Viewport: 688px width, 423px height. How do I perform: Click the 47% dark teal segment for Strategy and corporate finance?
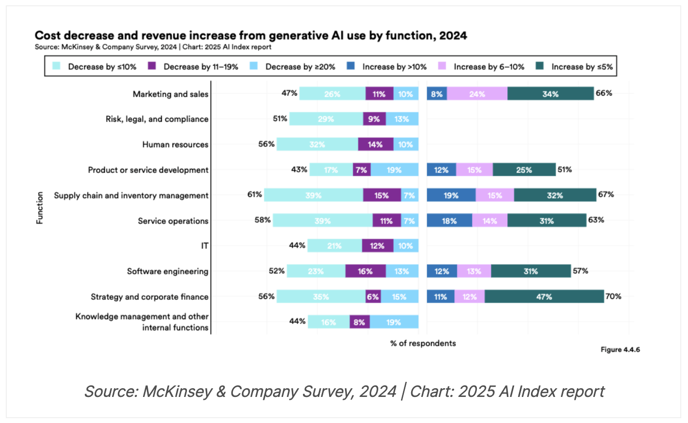coord(544,296)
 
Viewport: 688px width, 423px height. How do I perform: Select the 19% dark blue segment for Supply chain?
coord(451,195)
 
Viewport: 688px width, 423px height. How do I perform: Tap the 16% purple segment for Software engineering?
coord(365,271)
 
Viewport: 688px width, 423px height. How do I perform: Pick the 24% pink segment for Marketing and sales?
coord(477,94)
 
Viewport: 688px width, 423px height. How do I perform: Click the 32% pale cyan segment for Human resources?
coord(317,144)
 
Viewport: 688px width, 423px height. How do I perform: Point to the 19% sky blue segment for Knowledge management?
coord(394,322)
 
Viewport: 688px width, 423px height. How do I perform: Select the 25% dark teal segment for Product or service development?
coord(524,170)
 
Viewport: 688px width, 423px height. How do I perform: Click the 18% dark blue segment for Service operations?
coord(449,221)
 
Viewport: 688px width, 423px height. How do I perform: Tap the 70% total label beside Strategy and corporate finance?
coord(614,296)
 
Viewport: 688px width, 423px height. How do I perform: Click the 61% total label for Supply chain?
coord(255,195)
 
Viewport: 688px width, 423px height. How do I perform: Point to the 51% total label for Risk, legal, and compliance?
coord(280,119)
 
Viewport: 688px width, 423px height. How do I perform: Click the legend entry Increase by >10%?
coord(394,67)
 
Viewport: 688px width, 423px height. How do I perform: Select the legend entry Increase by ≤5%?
coord(582,67)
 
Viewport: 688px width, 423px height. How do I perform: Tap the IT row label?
coord(205,246)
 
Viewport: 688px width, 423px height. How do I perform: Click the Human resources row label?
coord(175,144)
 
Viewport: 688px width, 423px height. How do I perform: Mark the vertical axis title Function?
coord(40,208)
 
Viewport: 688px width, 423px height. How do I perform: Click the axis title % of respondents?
coord(423,343)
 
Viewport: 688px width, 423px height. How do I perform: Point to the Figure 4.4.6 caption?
coord(620,350)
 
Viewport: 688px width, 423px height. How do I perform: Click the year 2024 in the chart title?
coord(453,35)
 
